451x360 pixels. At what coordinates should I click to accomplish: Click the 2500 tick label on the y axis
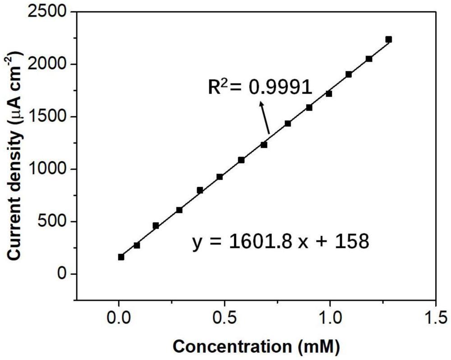click(47, 12)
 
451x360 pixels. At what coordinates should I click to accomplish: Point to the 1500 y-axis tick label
click(47, 117)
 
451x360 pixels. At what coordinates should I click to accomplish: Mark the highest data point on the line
click(389, 40)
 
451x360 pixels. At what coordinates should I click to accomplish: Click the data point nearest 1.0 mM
click(329, 94)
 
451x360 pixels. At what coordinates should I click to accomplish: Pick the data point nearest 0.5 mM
click(220, 177)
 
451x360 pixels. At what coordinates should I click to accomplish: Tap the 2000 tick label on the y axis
click(47, 64)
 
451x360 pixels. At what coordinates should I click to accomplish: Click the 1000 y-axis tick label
click(47, 169)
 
